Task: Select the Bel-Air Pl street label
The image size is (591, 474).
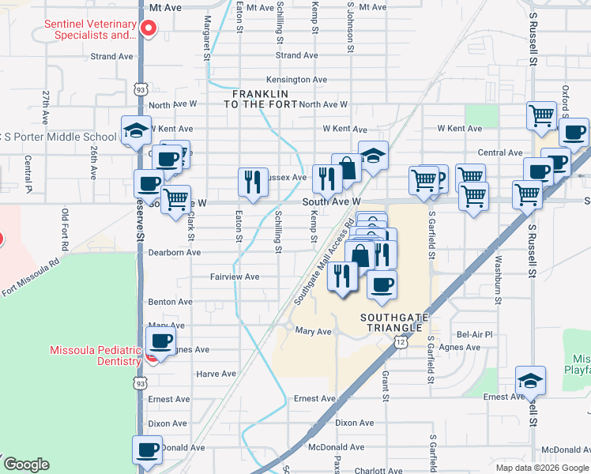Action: click(x=475, y=335)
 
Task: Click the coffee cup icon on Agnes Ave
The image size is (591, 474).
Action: click(x=161, y=341)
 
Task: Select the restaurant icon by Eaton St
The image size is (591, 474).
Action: click(x=251, y=182)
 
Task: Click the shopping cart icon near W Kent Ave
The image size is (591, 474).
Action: click(x=541, y=115)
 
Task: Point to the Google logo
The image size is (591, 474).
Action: click(x=26, y=465)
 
